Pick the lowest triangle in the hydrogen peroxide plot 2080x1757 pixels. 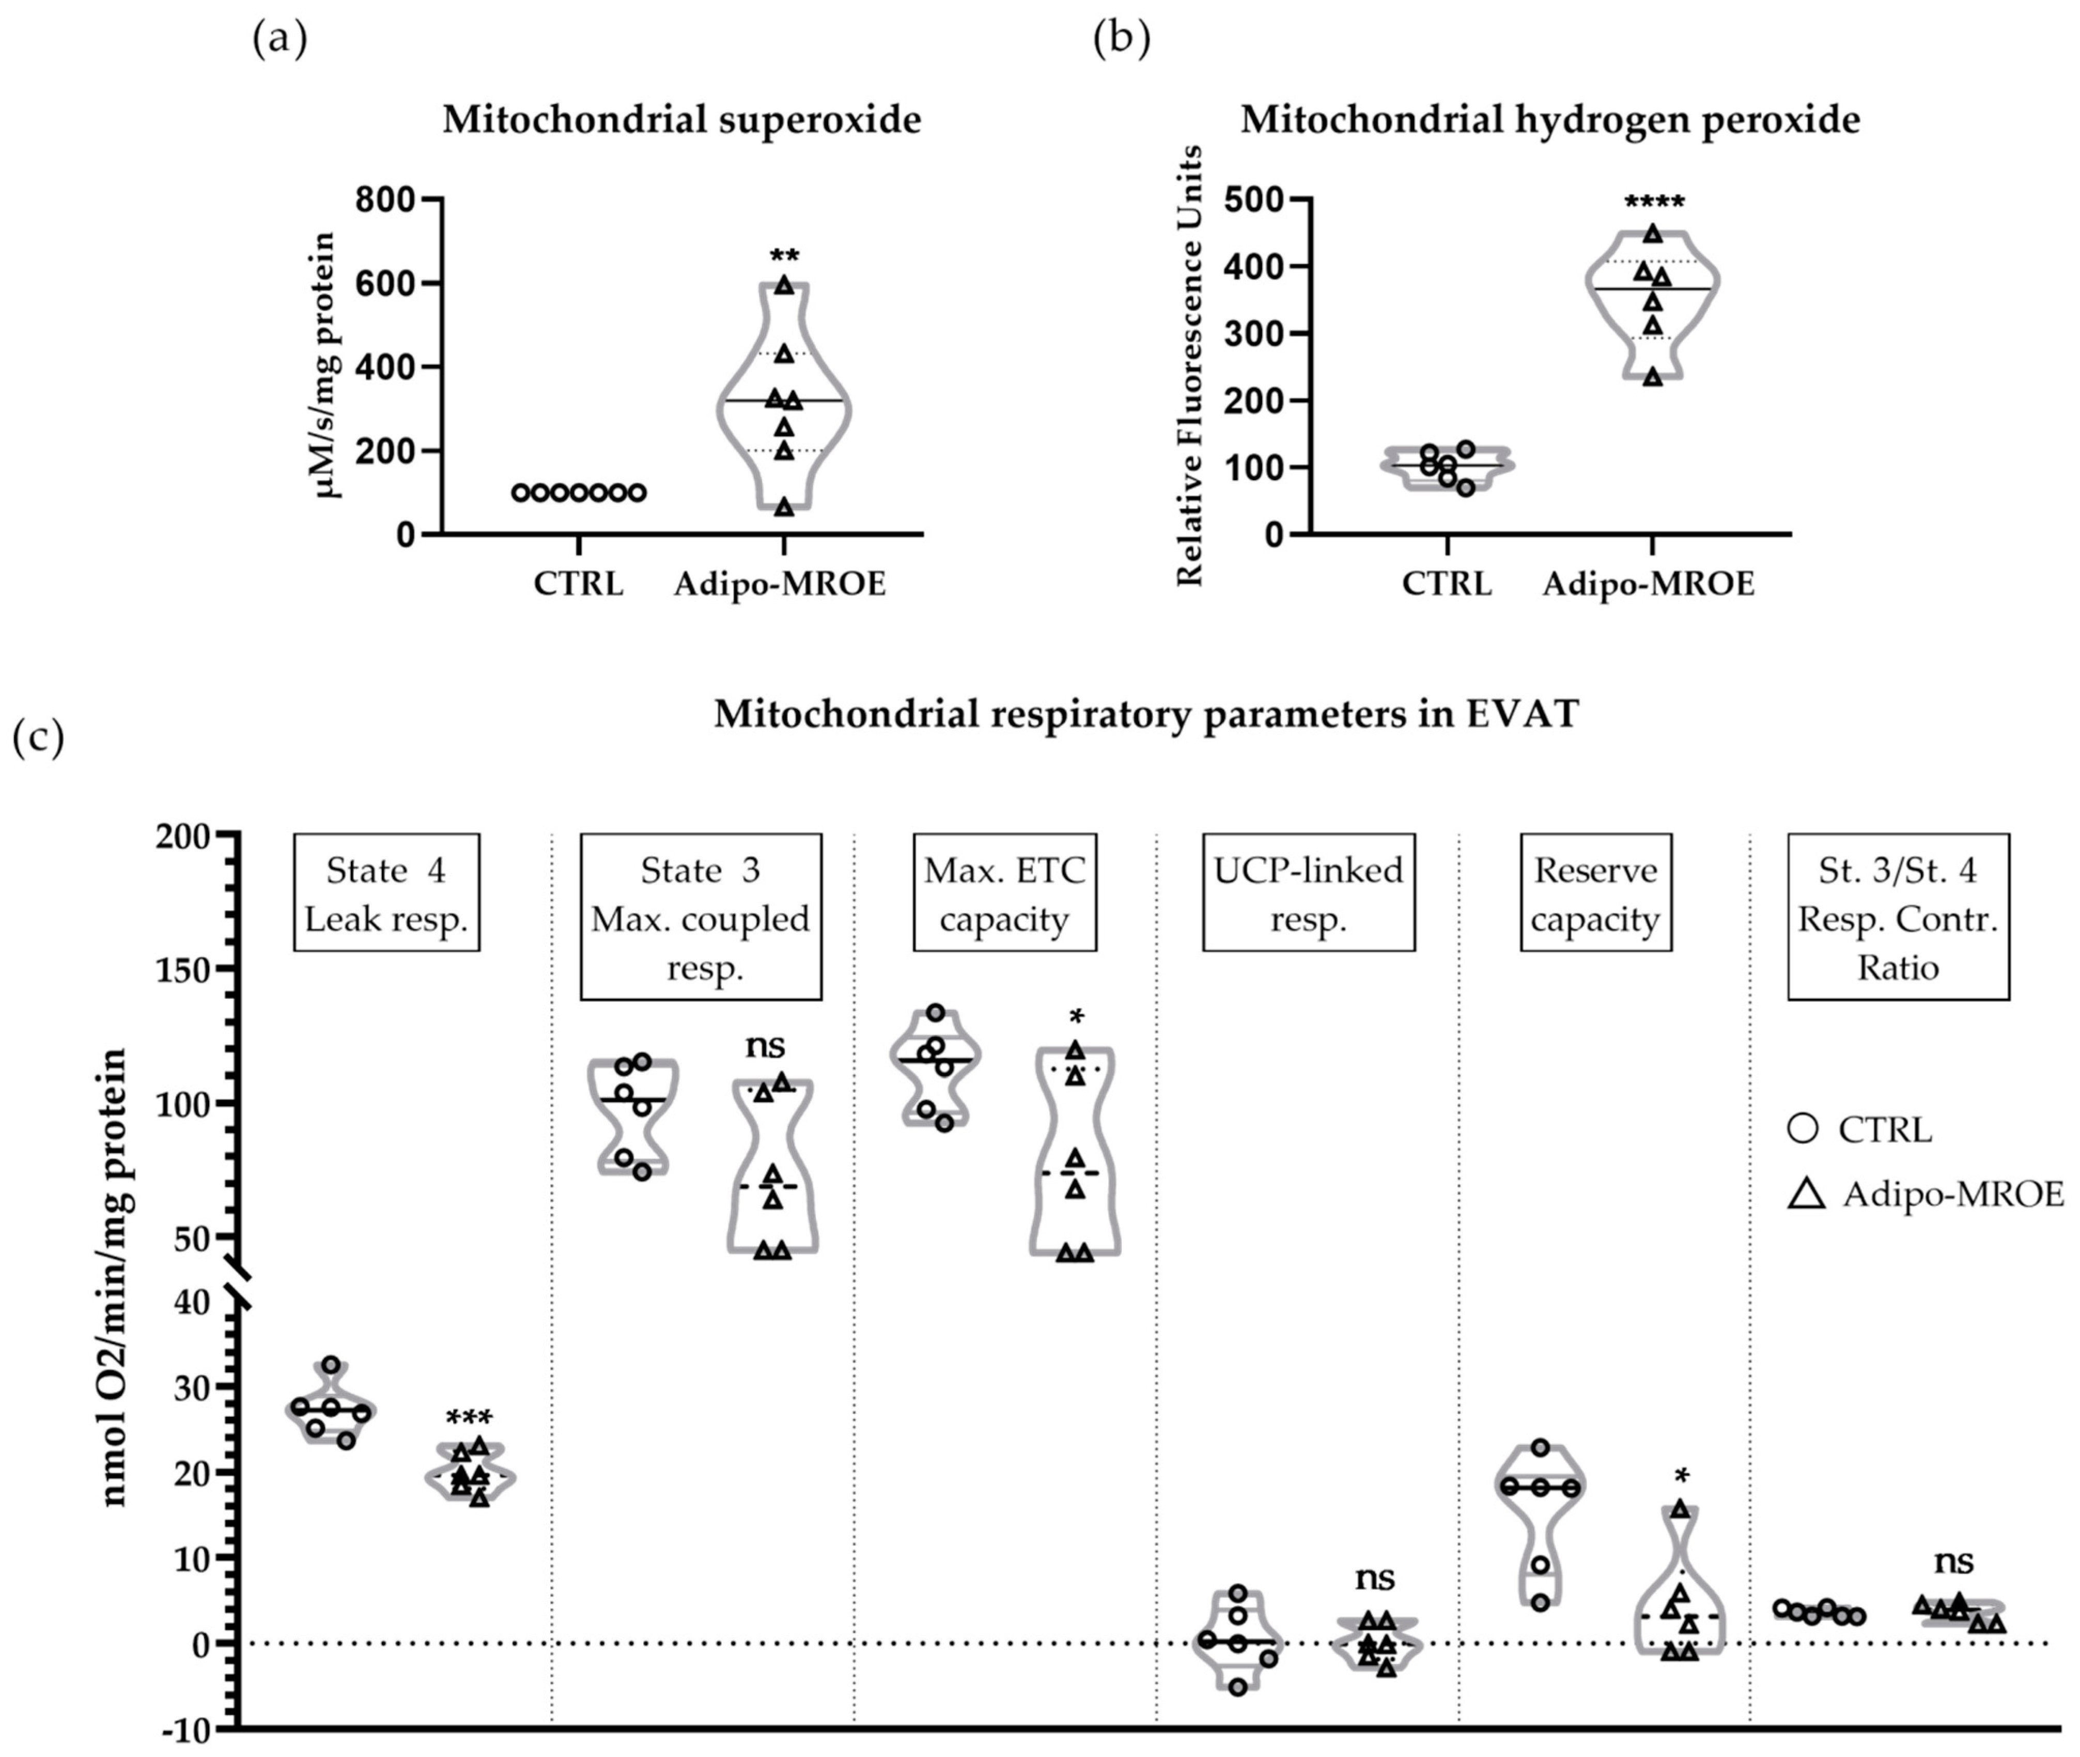click(x=1652, y=376)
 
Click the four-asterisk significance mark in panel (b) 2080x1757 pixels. click(x=1654, y=203)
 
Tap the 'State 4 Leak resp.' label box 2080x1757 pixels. click(x=386, y=893)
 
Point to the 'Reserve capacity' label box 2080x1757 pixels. click(x=1594, y=893)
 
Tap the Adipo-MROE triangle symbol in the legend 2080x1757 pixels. click(x=1806, y=1193)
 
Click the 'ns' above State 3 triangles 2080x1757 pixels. click(x=765, y=1046)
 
